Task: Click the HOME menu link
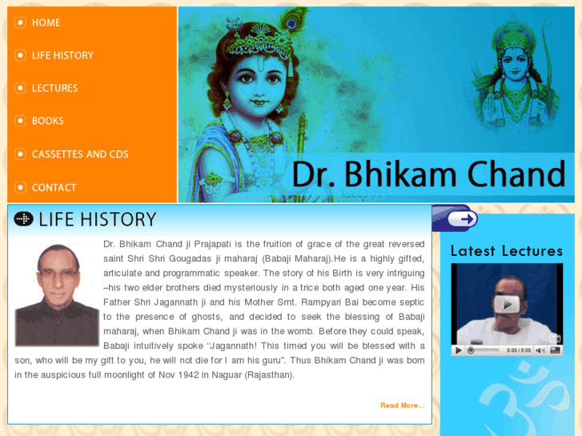pos(46,22)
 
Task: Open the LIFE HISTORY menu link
pos(62,55)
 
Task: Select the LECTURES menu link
pos(54,88)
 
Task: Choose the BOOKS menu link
pos(47,121)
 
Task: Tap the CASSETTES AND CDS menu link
pos(79,154)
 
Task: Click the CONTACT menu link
pos(54,187)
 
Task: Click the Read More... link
pos(402,406)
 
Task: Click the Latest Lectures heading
pos(506,250)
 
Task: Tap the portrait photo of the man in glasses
pos(56,294)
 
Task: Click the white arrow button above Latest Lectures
pos(462,218)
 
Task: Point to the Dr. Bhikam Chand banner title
pos(428,174)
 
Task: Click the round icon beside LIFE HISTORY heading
pos(24,219)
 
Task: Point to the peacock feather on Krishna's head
pos(290,24)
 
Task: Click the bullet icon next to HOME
pos(20,22)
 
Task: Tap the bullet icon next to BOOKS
pos(20,121)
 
